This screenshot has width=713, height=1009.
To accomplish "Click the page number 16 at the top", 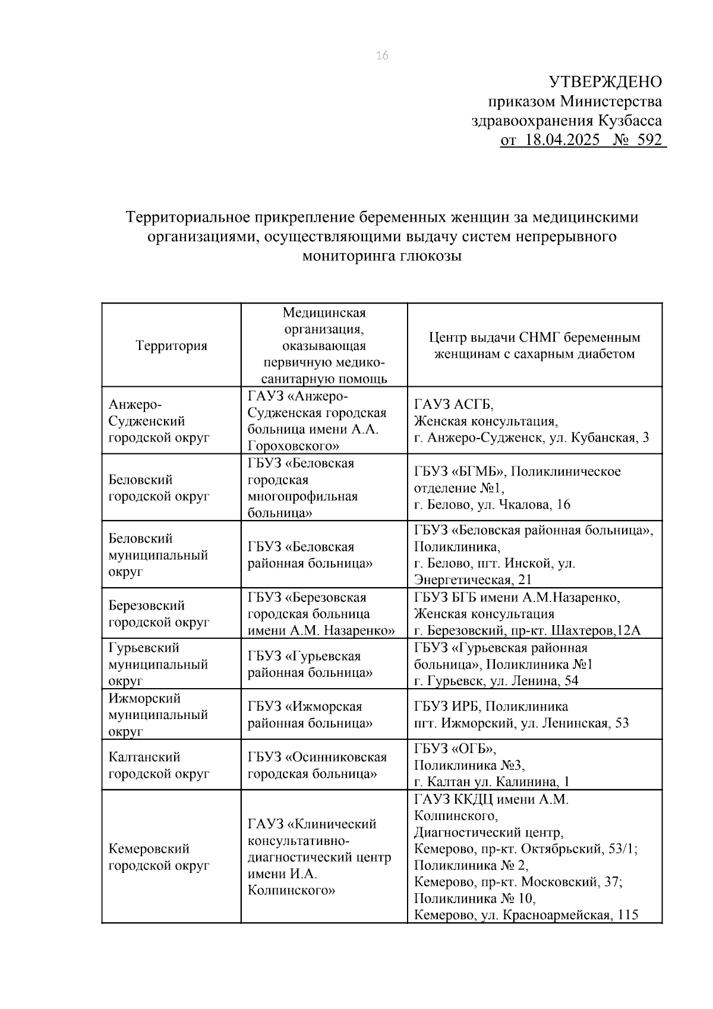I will [x=382, y=56].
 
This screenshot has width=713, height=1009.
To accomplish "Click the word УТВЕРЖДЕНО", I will [x=604, y=81].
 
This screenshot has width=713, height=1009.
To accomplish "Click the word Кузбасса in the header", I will [x=629, y=121].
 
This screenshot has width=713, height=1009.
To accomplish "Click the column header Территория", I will [x=171, y=345].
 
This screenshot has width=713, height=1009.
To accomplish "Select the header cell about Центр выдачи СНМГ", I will [x=534, y=345].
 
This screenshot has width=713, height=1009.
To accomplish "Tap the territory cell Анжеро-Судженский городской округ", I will [x=159, y=421].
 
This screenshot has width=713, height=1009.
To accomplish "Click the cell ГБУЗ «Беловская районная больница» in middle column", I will [x=310, y=554].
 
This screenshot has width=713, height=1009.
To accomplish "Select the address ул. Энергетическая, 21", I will [x=473, y=579].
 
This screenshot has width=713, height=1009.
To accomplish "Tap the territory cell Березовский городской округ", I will [x=159, y=614].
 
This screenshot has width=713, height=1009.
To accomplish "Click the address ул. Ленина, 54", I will [x=534, y=681].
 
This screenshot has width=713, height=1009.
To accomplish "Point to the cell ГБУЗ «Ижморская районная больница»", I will [x=310, y=715].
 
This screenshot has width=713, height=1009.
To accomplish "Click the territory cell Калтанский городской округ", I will [x=159, y=765].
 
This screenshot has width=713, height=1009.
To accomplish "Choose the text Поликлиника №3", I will [x=469, y=765].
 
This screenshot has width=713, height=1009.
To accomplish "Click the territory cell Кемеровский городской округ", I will [x=159, y=857].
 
